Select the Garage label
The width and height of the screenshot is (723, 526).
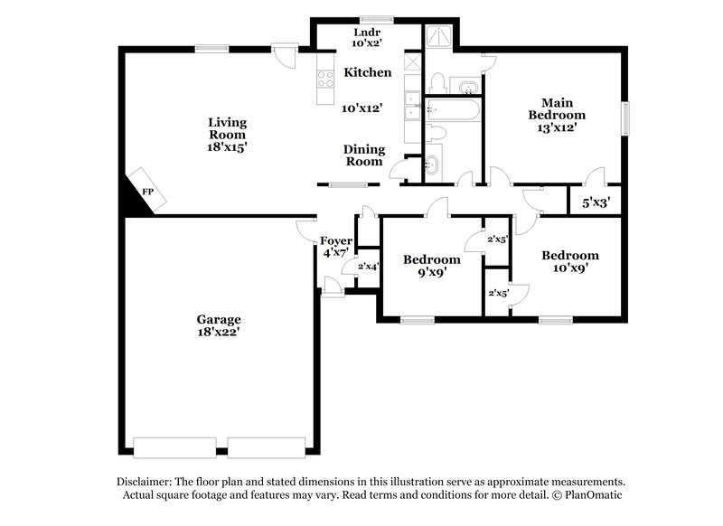click(x=220, y=319)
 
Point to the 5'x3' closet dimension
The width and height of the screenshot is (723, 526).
click(x=594, y=204)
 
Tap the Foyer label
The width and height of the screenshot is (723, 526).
click(x=335, y=240)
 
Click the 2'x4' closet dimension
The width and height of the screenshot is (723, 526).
click(x=367, y=267)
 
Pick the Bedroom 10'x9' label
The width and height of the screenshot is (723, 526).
click(x=569, y=256)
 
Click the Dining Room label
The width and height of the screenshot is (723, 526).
click(x=363, y=155)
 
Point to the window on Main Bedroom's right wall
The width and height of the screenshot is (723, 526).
click(x=624, y=118)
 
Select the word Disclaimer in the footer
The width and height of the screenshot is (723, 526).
click(x=147, y=483)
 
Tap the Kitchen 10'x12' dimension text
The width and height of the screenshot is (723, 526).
click(x=361, y=108)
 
